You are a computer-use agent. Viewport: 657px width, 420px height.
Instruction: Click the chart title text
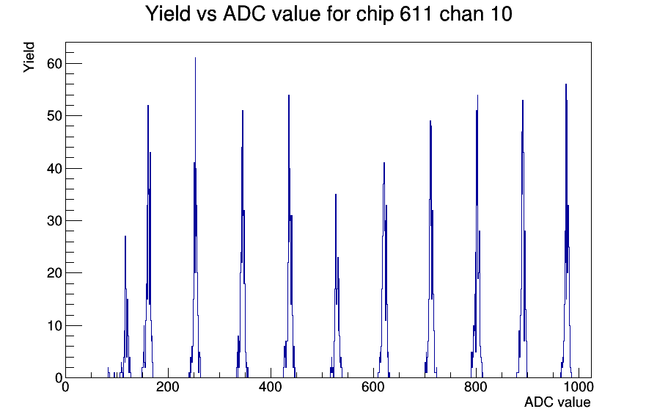coord(329,14)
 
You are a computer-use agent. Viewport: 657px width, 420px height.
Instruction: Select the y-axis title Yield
coord(29,57)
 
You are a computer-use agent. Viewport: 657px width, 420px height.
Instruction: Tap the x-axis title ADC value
coord(557,402)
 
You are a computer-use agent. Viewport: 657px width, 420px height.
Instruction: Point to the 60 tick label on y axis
coord(54,64)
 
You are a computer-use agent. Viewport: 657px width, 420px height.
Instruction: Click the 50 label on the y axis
coord(54,116)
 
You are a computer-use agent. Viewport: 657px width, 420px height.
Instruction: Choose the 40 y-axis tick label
coord(54,168)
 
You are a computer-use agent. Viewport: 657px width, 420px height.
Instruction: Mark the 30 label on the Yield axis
coord(54,221)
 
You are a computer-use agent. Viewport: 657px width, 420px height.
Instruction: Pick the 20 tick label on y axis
coord(54,273)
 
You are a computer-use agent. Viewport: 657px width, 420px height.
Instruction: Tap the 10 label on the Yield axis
coord(54,325)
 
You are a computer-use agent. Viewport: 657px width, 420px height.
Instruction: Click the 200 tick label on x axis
coord(168,386)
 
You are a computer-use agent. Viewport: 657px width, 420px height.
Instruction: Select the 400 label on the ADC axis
coord(271,386)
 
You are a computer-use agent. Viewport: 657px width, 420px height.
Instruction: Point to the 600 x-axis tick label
coord(373,386)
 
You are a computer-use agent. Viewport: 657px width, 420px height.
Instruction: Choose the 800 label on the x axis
coord(476,386)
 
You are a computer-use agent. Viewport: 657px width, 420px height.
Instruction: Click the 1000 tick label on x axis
coord(579,386)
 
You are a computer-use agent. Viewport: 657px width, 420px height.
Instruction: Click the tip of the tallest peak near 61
coord(195,58)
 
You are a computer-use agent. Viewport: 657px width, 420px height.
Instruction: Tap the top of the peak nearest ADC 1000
coord(566,84)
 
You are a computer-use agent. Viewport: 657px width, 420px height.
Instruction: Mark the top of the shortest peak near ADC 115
coord(125,236)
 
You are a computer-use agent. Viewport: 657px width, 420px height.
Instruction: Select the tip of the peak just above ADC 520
coord(336,195)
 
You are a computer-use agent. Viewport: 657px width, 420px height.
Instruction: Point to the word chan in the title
coord(458,14)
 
